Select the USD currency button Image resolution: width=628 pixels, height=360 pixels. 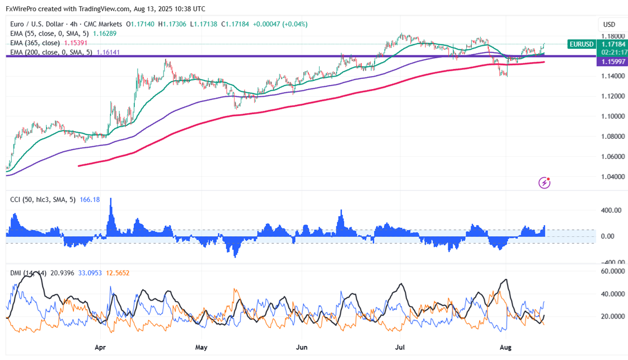click(x=609, y=25)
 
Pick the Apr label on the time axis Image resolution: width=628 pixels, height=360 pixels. click(x=101, y=347)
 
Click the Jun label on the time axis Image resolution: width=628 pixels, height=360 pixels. click(x=302, y=347)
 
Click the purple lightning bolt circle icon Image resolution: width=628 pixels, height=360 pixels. click(x=544, y=183)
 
